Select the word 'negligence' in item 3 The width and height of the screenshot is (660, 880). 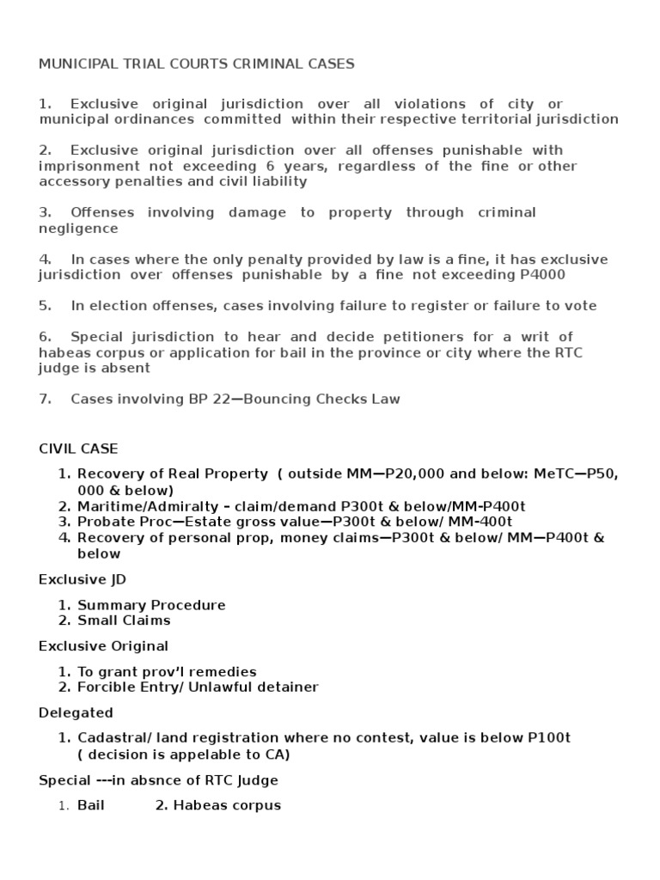[78, 229]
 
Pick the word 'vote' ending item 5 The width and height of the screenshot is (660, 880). [580, 306]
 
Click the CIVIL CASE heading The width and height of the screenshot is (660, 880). [78, 449]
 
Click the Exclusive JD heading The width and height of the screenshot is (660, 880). [82, 579]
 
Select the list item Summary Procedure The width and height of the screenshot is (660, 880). [151, 605]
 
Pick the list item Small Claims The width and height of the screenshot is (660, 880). [124, 620]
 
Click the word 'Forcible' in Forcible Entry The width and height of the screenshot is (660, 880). [105, 687]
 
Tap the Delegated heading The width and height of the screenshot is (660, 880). [76, 712]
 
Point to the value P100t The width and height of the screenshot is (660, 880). [551, 738]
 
